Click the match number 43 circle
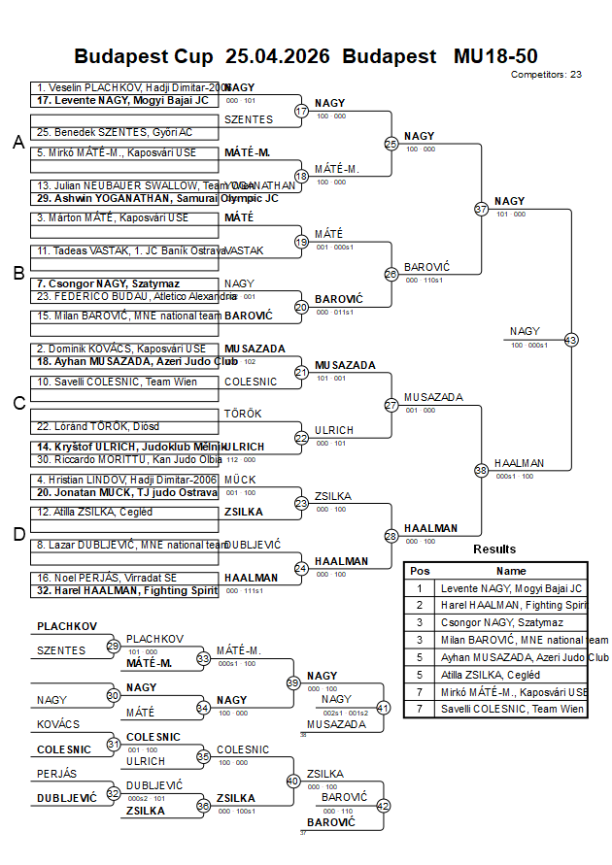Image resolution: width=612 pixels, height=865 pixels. tap(571, 340)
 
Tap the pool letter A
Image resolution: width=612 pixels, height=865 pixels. tap(17, 143)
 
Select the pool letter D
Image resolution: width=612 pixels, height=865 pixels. tap(17, 533)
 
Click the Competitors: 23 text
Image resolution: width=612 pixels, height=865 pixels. tap(546, 74)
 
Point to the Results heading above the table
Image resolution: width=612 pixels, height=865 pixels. tap(494, 549)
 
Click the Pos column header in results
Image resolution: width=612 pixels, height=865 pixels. tap(420, 571)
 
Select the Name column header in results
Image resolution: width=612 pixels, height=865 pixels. tap(511, 571)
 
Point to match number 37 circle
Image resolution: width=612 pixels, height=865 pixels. tap(481, 209)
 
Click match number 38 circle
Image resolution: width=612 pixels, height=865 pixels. tap(481, 470)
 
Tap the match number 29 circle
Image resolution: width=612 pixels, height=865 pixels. tap(113, 646)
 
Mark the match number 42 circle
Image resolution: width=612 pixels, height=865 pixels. tap(383, 805)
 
